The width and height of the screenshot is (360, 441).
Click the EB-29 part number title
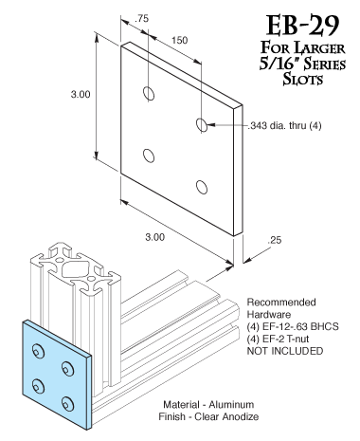point(302,26)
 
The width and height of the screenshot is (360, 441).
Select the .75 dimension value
point(141,19)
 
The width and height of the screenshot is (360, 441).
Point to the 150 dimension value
point(179,41)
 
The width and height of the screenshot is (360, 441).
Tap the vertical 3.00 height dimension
point(81,94)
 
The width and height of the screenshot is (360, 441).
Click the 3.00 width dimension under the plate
point(154,237)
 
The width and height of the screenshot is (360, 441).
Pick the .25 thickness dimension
point(274,240)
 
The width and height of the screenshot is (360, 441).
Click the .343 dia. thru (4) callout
point(284,126)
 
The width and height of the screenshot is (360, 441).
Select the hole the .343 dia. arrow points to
point(202,124)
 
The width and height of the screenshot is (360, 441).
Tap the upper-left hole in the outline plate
point(149,93)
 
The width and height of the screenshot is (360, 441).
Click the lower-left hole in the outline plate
point(149,156)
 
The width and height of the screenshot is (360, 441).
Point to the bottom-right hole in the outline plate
point(202,187)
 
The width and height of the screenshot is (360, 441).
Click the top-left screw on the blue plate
point(38,351)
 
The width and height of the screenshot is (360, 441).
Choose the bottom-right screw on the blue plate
point(67,404)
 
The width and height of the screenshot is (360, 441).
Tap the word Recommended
point(281,303)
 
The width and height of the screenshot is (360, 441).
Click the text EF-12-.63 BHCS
point(300,326)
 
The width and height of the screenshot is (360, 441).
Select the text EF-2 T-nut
point(285,339)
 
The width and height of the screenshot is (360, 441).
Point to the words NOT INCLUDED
point(285,351)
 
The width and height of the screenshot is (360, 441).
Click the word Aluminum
point(231,404)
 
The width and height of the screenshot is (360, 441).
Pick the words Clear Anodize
point(226,416)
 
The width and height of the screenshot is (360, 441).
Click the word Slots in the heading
point(303,79)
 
